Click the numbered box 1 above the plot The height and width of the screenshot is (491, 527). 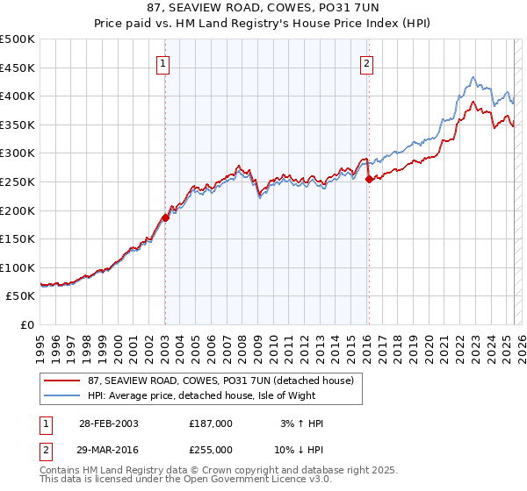tap(164, 62)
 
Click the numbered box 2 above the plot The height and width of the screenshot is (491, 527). tap(366, 62)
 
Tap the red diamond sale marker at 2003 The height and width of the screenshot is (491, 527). tap(165, 217)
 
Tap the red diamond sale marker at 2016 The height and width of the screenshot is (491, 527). tap(369, 179)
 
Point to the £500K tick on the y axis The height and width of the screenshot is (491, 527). tap(18, 39)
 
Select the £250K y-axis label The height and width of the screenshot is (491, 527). tap(18, 181)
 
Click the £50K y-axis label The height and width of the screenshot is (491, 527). tap(21, 296)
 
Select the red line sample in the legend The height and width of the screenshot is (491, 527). tap(59, 381)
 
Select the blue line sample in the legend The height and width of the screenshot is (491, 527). tap(59, 395)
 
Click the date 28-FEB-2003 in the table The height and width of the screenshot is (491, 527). tap(109, 423)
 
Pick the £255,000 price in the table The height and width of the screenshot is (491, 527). tap(211, 449)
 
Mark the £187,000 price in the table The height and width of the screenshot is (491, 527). tap(211, 423)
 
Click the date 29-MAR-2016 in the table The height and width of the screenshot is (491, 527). tap(109, 449)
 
